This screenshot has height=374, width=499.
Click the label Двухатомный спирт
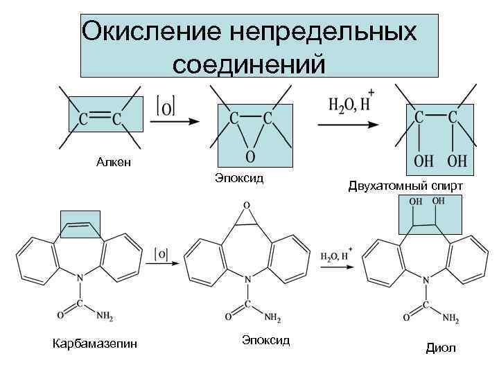pyautogui.click(x=405, y=186)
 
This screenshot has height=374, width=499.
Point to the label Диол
pyautogui.click(x=441, y=348)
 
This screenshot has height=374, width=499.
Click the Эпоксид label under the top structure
pyautogui.click(x=239, y=179)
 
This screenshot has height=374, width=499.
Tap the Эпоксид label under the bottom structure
pyautogui.click(x=265, y=340)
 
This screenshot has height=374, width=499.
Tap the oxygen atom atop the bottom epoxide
pyautogui.click(x=247, y=206)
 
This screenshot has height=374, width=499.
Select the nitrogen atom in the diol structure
pyautogui.click(x=426, y=279)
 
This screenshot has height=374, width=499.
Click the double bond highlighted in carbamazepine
pyautogui.click(x=80, y=224)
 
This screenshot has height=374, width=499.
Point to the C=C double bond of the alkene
pyautogui.click(x=100, y=118)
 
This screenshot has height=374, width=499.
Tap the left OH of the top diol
pyautogui.click(x=423, y=161)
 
